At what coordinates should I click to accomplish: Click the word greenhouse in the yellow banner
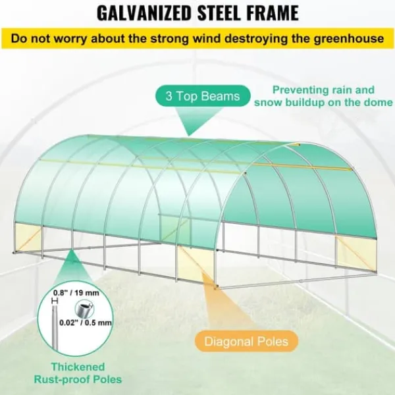(349, 39)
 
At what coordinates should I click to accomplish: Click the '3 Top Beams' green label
(203, 96)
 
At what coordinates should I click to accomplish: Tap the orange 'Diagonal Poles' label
(246, 341)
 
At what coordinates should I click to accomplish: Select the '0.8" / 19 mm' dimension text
(76, 293)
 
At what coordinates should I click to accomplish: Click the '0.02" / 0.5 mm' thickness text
(86, 323)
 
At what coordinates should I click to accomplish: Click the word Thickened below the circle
(78, 367)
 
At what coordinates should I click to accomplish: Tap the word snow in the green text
(267, 103)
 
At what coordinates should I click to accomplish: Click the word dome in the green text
(379, 103)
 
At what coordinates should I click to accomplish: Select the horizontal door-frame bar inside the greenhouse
(190, 217)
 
